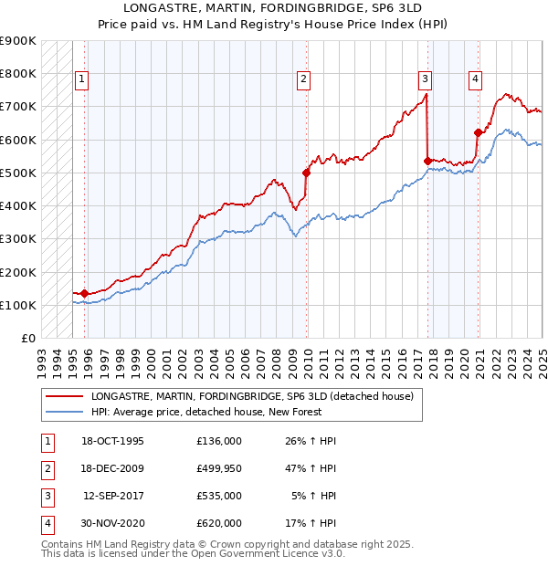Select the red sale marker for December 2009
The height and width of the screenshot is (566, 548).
pos(307,172)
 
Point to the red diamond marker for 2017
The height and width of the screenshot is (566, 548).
pos(427,161)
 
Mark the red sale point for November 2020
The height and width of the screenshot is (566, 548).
pos(478,132)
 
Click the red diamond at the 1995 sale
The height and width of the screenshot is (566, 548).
pos(85,293)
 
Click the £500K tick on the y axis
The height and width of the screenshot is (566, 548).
pos(18,173)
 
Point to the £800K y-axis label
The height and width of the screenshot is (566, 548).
pos(18,73)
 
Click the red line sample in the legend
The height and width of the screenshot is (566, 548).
pos(63,396)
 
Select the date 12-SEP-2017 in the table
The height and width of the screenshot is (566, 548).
pos(114,497)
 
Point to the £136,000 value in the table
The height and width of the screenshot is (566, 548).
pos(218,441)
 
